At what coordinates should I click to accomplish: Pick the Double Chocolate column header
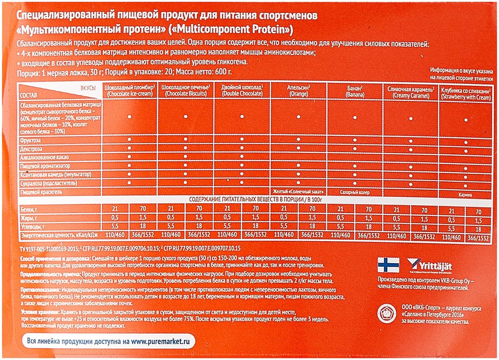click(x=242, y=90)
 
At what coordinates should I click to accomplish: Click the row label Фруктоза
click(x=30, y=140)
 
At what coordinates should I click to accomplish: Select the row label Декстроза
click(x=31, y=148)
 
